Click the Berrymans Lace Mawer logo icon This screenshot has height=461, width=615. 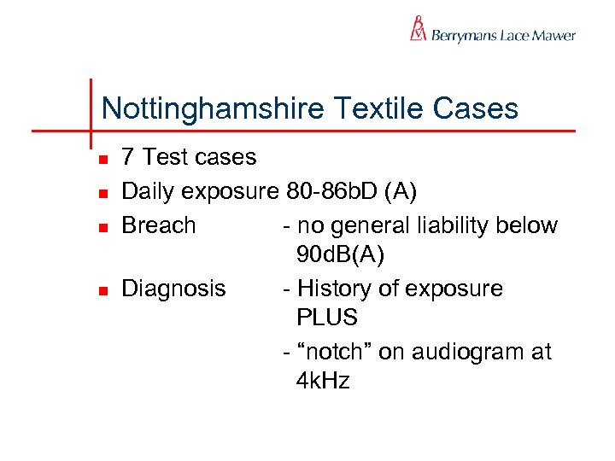[418, 29]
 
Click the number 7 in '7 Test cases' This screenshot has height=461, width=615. [128, 157]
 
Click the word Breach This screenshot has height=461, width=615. [159, 225]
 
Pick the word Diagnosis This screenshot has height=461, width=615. [174, 289]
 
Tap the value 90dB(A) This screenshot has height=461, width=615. [341, 254]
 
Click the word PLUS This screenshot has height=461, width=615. [327, 318]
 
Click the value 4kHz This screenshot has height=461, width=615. [323, 381]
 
